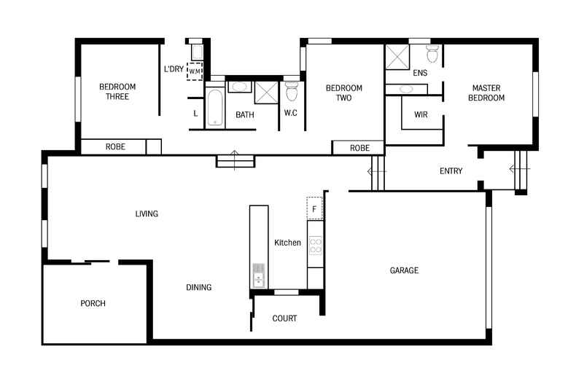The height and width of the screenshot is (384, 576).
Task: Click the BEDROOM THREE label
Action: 117,92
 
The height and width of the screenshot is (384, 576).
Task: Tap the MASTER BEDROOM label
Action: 486,93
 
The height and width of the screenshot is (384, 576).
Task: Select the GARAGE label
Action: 404,270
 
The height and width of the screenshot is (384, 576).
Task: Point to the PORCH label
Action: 93,303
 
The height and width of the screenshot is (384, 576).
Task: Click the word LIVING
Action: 147,213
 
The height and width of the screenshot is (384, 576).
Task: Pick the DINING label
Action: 198,287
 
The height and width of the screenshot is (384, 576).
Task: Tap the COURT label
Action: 284,318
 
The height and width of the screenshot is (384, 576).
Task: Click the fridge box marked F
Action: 314,208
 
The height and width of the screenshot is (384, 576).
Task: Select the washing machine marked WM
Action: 195,71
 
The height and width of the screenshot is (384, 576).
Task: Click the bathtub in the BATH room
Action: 214,108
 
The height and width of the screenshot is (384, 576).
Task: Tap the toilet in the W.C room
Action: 292,92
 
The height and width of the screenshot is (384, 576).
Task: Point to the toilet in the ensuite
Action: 432,54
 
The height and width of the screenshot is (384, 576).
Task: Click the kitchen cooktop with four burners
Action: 315,246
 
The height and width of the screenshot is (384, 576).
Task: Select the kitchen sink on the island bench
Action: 258,275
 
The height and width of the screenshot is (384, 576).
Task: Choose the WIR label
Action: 421,114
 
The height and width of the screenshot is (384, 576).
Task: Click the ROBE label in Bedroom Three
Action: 115,146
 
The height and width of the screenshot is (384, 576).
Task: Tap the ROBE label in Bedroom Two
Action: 359,147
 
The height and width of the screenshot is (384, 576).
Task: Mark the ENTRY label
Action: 451,171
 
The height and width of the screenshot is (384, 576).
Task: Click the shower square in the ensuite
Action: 397,55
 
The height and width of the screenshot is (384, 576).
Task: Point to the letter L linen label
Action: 195,113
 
